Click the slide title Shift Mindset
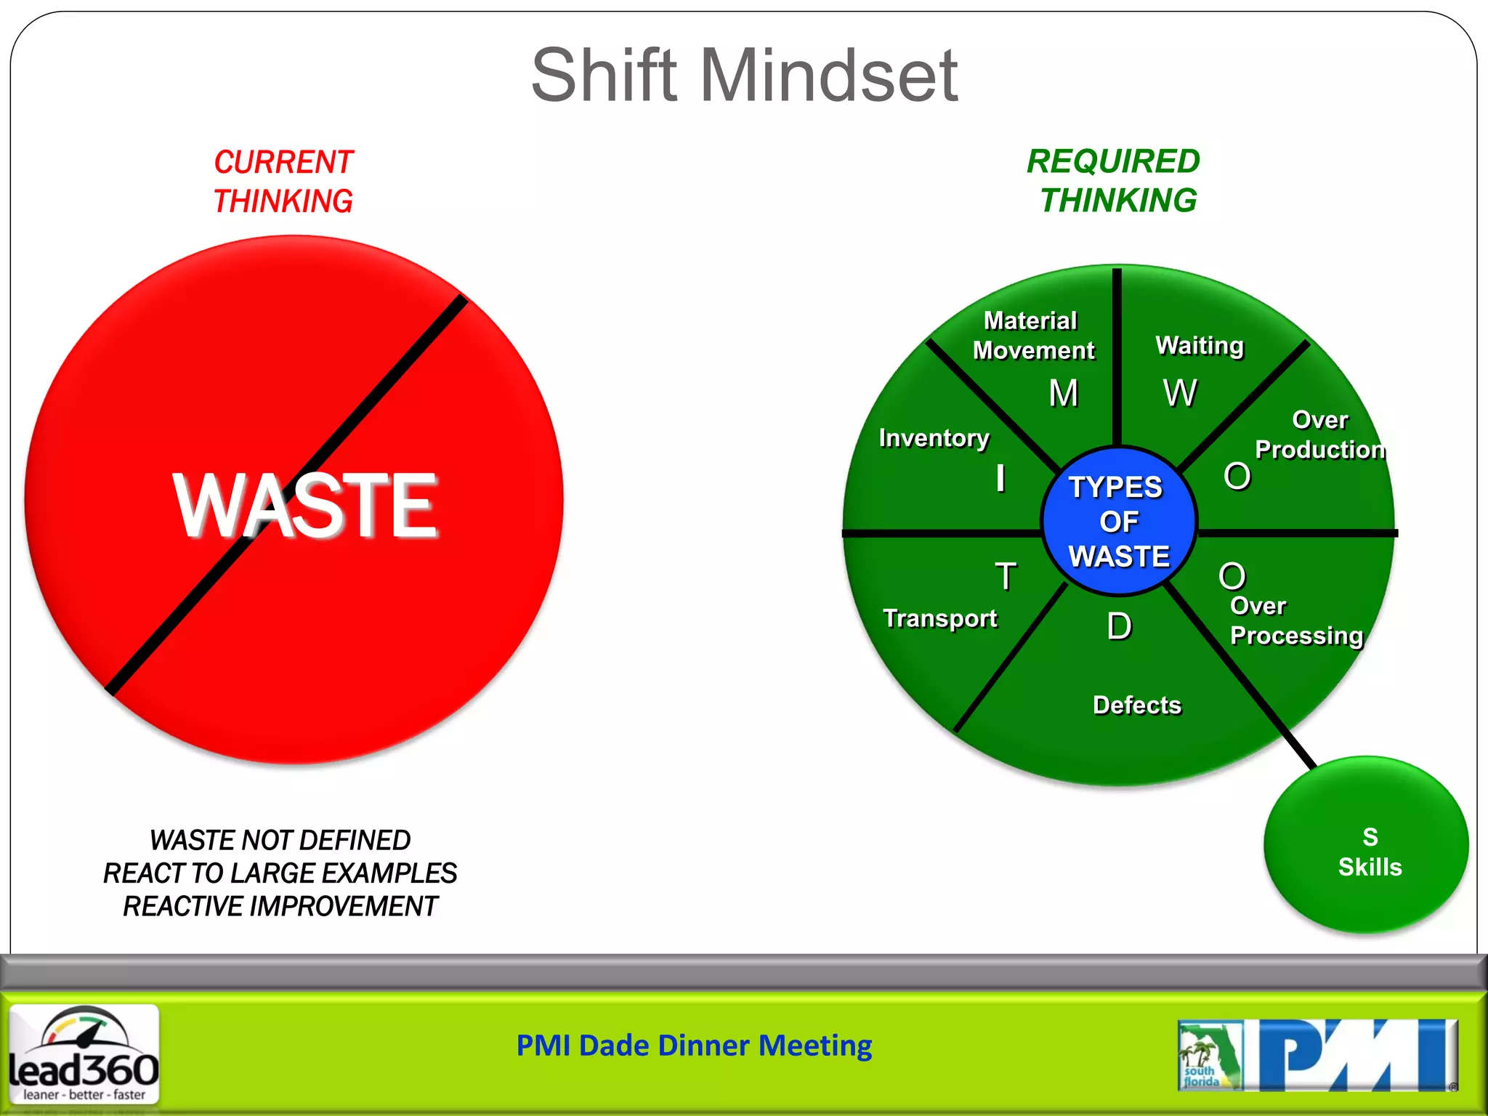click(x=744, y=75)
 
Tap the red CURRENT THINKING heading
click(x=283, y=182)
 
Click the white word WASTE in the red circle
click(x=305, y=505)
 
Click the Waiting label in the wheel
click(x=1200, y=346)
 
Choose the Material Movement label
click(x=1033, y=336)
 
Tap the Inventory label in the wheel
click(x=934, y=438)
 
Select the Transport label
click(x=939, y=618)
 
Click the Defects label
click(x=1137, y=705)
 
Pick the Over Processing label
click(x=1295, y=621)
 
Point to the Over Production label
click(x=1319, y=435)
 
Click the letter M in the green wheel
click(x=1064, y=394)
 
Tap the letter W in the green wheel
click(x=1180, y=394)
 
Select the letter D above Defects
click(x=1119, y=626)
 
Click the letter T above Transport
click(x=1006, y=577)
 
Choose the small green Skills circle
click(x=1367, y=845)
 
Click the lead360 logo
click(x=84, y=1054)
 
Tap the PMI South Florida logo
click(x=1317, y=1056)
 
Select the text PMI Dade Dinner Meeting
click(x=694, y=1046)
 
